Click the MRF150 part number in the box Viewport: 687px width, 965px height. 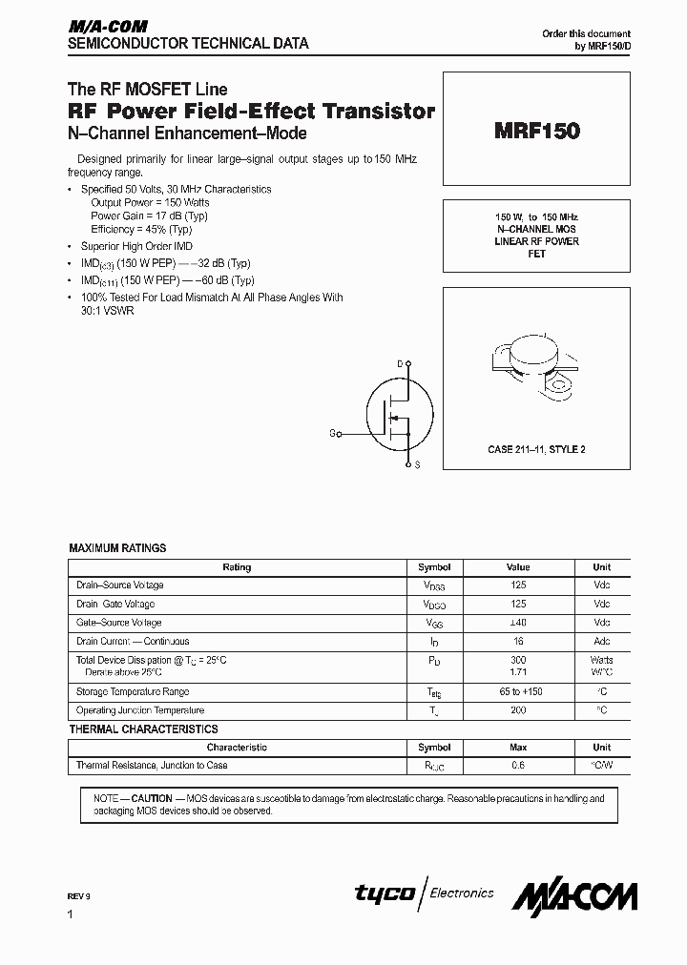[x=536, y=132]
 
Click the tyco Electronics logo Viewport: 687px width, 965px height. [x=425, y=893]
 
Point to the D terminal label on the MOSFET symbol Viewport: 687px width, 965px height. [x=400, y=363]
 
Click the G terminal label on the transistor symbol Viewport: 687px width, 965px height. [x=333, y=433]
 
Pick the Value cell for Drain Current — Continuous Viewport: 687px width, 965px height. [x=518, y=642]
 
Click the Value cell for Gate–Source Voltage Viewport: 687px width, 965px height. [x=518, y=623]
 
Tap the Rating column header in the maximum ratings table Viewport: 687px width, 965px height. [x=237, y=567]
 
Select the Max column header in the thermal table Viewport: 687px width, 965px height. [x=518, y=748]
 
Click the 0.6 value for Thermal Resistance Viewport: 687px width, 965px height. [x=518, y=766]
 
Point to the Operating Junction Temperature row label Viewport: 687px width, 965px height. [x=140, y=710]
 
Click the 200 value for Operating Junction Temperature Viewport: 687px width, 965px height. [x=518, y=710]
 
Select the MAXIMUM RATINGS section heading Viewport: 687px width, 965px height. [x=117, y=548]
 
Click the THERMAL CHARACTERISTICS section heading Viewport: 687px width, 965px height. [x=143, y=729]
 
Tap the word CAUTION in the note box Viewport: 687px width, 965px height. [x=152, y=798]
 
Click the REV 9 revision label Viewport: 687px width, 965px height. [x=79, y=896]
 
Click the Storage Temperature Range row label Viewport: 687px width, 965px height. [x=133, y=691]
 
